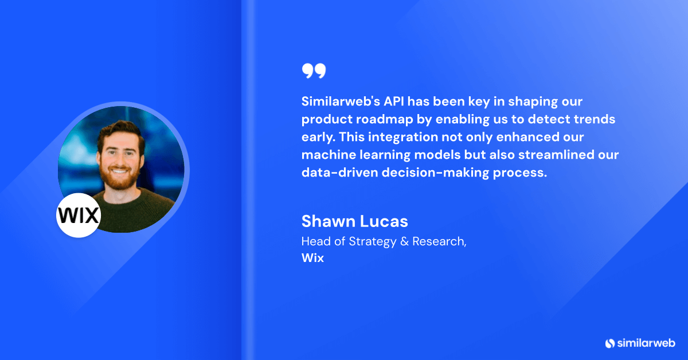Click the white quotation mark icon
314,71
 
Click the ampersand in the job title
403,241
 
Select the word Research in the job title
438,241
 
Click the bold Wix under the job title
312,258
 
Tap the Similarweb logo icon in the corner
609,343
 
